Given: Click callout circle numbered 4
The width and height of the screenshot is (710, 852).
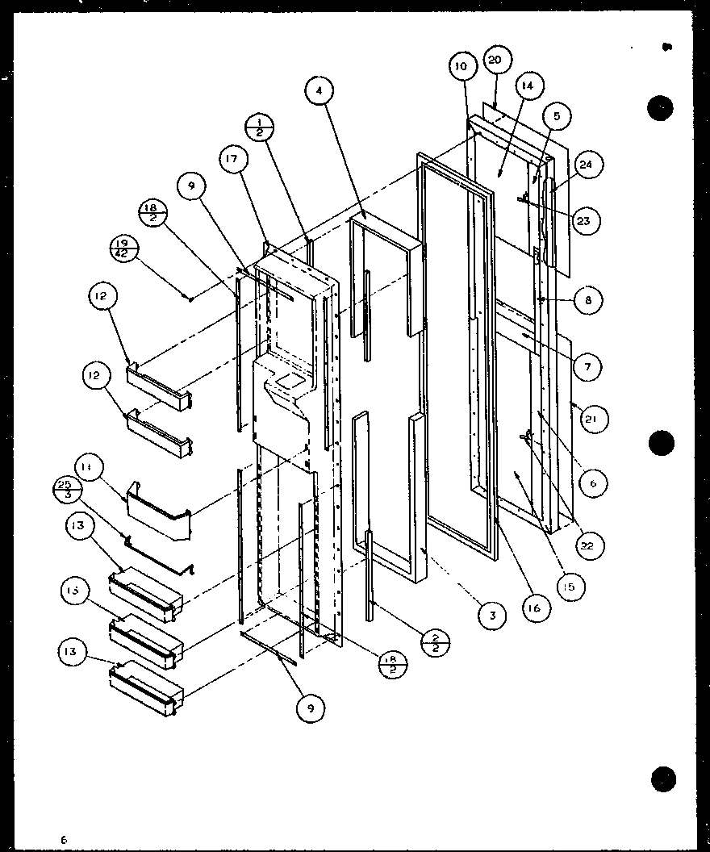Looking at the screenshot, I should [x=319, y=91].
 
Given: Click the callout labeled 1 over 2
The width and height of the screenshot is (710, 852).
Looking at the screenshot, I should [x=261, y=127].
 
